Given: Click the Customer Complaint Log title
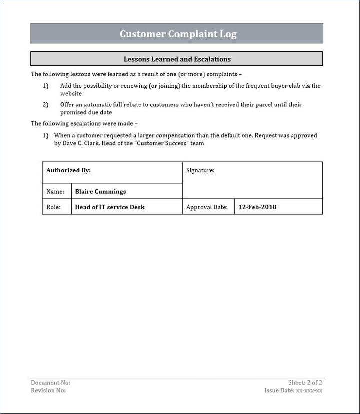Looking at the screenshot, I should [x=178, y=34].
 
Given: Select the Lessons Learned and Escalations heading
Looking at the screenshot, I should [x=177, y=59].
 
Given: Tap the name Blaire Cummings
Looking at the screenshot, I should [x=100, y=191].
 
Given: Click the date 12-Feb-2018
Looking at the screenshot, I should [x=257, y=207].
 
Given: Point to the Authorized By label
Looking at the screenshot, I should [x=68, y=170].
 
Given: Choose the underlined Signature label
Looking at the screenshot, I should [x=200, y=170].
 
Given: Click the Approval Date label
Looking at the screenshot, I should [x=207, y=207].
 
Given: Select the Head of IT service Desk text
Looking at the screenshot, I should [x=110, y=207].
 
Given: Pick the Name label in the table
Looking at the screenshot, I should [x=55, y=191].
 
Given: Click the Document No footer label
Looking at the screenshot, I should [x=50, y=383].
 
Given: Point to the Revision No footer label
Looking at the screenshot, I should [x=48, y=390].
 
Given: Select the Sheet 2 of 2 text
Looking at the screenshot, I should [x=305, y=383].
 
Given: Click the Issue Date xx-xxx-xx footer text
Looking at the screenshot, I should [x=293, y=390].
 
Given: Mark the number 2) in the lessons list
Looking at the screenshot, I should [x=46, y=105].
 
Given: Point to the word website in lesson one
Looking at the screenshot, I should [x=71, y=93].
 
